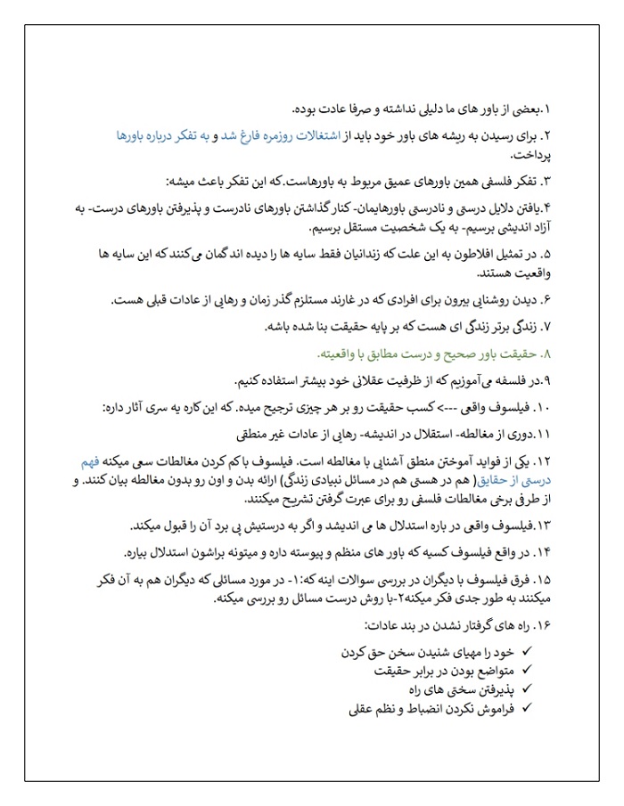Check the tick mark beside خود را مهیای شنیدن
coord(526,653)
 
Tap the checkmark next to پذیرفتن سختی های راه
coord(526,689)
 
